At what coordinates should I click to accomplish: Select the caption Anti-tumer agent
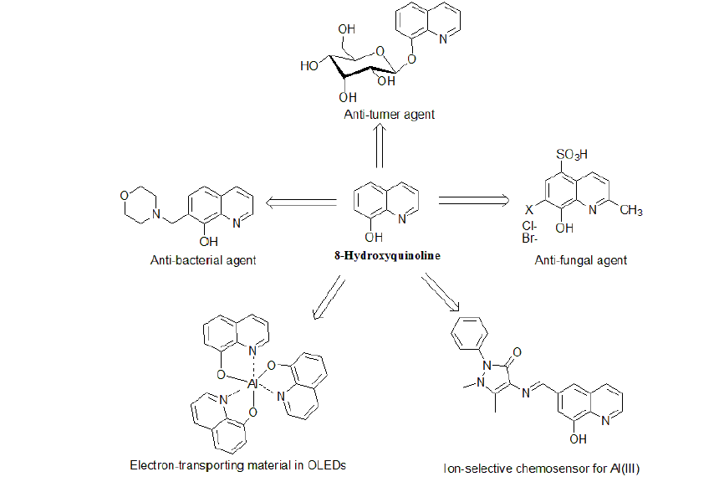[390, 114]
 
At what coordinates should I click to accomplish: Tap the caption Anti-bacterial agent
[202, 260]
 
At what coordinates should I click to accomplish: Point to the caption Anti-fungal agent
[581, 260]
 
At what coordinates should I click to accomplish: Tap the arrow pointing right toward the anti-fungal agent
[473, 200]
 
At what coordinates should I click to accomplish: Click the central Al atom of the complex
[251, 383]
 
